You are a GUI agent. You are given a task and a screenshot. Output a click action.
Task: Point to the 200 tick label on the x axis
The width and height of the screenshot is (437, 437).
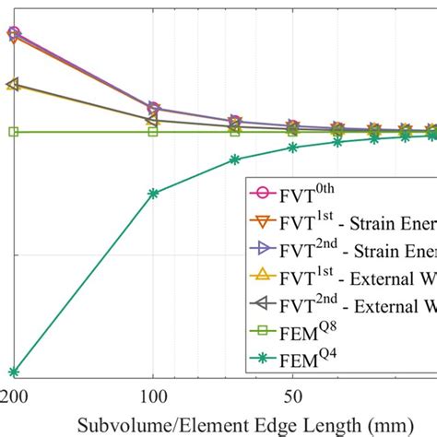click(x=13, y=396)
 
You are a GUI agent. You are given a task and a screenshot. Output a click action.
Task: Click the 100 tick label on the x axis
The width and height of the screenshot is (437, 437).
click(x=152, y=396)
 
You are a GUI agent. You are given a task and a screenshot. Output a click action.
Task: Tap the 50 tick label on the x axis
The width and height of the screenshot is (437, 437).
click(x=292, y=396)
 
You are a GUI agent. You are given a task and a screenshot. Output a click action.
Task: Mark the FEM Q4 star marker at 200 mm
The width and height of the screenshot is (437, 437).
click(x=13, y=372)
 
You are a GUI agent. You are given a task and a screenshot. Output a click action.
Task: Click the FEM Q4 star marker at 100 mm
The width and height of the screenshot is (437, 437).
click(x=153, y=194)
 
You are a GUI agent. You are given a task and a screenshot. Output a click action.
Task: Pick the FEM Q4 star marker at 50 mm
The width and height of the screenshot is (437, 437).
click(x=292, y=147)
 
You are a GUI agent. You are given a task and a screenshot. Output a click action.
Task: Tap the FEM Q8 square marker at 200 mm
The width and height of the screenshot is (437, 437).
click(x=13, y=132)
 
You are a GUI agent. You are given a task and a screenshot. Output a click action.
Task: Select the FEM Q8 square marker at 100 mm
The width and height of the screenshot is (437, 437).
click(x=153, y=132)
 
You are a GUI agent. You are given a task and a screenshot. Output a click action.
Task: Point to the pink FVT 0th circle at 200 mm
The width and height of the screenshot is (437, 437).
click(x=13, y=33)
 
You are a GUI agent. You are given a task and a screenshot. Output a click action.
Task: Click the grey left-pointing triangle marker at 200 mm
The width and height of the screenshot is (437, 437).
click(x=12, y=84)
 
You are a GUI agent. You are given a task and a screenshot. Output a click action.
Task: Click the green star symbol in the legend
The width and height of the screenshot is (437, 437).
click(x=262, y=352)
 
